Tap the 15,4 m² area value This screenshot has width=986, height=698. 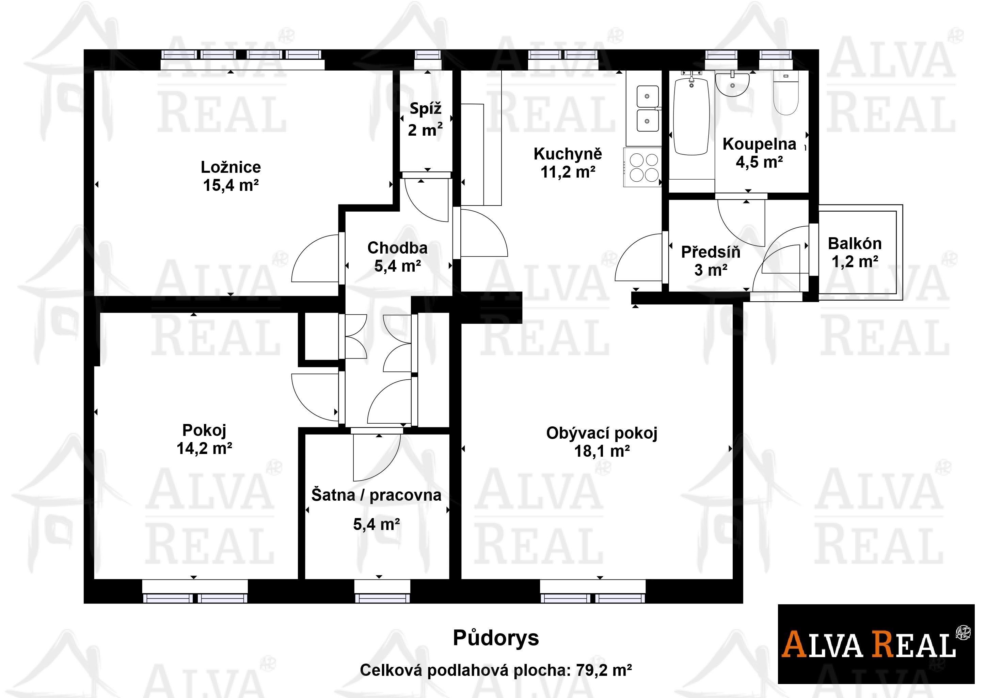click(230, 186)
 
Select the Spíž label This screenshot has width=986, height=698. click(425, 109)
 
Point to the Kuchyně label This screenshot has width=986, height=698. click(568, 154)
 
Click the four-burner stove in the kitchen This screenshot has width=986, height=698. click(642, 167)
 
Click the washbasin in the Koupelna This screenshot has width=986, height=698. click(732, 85)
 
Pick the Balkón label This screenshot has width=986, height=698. click(855, 244)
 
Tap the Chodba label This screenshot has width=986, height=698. click(397, 248)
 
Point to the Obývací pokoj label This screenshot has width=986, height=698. click(602, 433)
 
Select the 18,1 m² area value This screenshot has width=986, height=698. click(602, 451)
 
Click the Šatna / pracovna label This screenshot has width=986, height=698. click(376, 495)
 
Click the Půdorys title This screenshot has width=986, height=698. click(496, 638)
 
